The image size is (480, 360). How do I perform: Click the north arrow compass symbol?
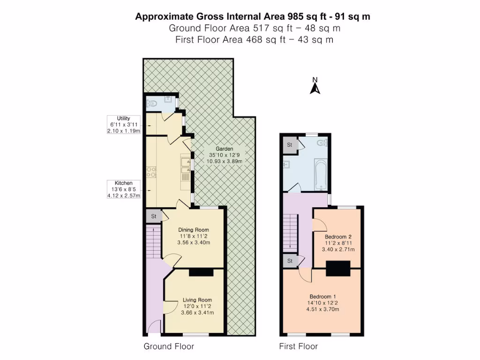tap(315, 86)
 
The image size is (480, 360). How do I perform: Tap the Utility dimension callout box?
tap(124, 125)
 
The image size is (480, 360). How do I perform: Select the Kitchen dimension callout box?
tap(124, 189)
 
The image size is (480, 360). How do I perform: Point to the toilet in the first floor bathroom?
tap(321, 142)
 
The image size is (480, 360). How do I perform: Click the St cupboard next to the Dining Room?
tap(153, 217)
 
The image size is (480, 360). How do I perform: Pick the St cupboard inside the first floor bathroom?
tap(290, 145)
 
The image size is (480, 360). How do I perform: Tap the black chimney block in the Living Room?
tap(201, 272)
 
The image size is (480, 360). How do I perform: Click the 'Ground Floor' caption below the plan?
tap(169, 347)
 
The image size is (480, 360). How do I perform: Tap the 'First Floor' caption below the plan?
tap(299, 347)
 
